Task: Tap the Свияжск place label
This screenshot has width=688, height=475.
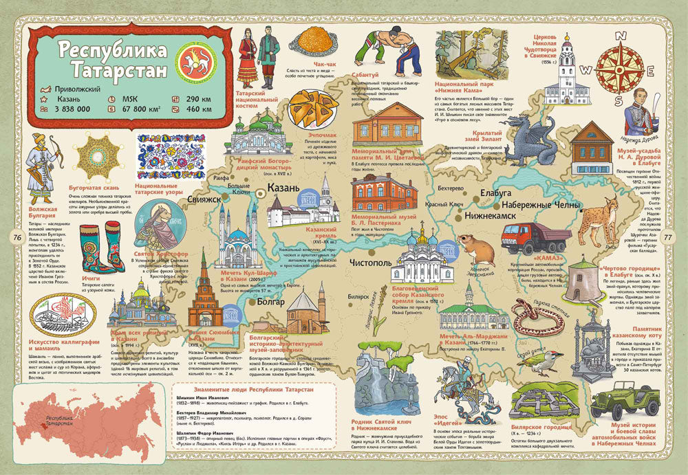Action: (x=200, y=199)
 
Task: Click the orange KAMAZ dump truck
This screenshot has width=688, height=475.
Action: (x=535, y=239)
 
